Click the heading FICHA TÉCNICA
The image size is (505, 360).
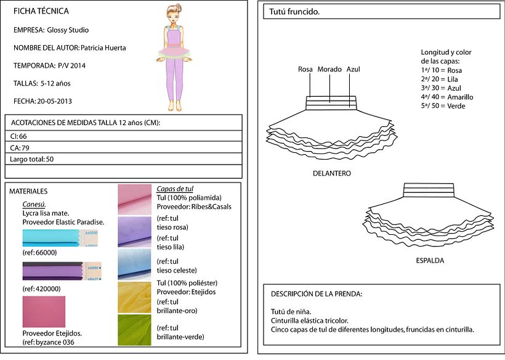(41, 11)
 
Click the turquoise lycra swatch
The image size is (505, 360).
(51, 238)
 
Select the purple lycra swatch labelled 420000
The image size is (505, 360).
(51, 271)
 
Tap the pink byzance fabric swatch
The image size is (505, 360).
(44, 311)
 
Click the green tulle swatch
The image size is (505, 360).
(135, 329)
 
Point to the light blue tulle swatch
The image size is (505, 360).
(135, 264)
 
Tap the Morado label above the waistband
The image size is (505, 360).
(329, 69)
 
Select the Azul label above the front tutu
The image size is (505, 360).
(353, 69)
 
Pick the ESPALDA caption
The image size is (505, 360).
(430, 261)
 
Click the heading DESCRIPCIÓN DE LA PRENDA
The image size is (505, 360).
(317, 293)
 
